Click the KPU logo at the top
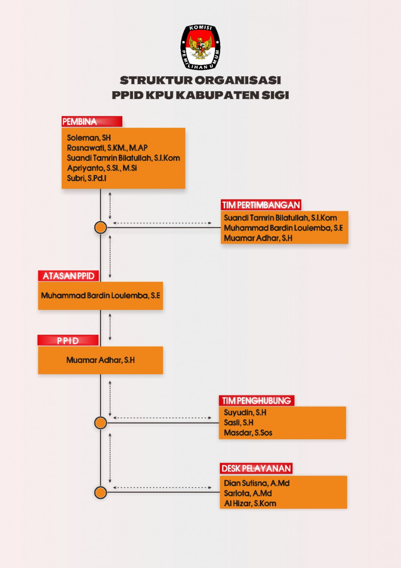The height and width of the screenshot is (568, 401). tap(200, 47)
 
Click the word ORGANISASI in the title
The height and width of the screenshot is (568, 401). tap(238, 80)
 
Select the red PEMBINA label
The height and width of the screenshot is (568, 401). tap(92, 122)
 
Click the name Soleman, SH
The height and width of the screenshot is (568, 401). tap(89, 138)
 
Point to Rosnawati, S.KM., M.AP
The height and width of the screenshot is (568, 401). tap(107, 148)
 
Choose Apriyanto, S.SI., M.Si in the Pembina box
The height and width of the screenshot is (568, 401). tap(102, 168)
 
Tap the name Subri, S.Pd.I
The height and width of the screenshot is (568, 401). tap(86, 178)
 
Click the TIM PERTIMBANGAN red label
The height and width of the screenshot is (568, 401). tap(261, 205)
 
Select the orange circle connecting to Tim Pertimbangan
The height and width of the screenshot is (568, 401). tap(101, 228)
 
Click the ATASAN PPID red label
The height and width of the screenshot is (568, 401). tap(69, 276)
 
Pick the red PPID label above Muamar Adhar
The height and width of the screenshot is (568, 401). tap(68, 340)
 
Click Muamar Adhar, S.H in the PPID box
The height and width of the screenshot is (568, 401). tap(101, 360)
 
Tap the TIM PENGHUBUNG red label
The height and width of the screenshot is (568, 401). tap(256, 401)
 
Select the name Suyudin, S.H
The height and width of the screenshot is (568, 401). tap(245, 413)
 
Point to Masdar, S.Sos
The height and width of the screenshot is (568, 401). tap(248, 433)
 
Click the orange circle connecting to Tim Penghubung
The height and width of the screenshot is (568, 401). tap(101, 423)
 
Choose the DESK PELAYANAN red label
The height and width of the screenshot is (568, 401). tap(256, 468)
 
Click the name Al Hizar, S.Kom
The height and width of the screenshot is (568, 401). tap(250, 503)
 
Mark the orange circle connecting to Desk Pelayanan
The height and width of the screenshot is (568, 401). tap(101, 493)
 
